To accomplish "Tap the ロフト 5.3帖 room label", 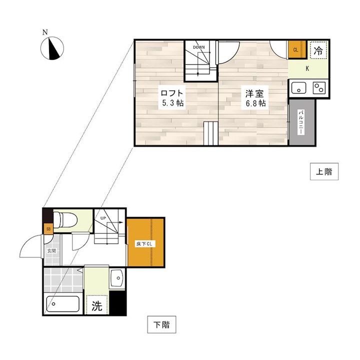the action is click(x=172, y=98).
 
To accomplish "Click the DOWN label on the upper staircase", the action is click(x=199, y=47).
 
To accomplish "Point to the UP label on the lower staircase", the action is click(x=103, y=218).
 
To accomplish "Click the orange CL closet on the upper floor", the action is click(x=297, y=50).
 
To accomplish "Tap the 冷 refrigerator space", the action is click(x=318, y=50).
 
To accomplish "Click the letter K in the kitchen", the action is click(x=307, y=68).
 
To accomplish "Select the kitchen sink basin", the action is click(x=298, y=88).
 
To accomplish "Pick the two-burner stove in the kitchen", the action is click(x=319, y=88).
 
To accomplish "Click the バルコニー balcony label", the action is click(x=300, y=122).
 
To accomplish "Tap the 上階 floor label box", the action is click(x=324, y=171).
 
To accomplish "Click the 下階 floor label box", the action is click(x=161, y=324).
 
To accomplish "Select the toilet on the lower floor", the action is click(x=65, y=219).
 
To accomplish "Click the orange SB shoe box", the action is click(x=48, y=229).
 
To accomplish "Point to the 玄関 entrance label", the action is click(x=51, y=250).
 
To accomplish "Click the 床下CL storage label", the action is click(x=144, y=244).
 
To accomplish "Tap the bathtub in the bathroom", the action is click(x=63, y=304).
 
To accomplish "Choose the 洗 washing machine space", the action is click(x=97, y=305).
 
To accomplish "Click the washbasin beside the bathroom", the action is click(x=117, y=278).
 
